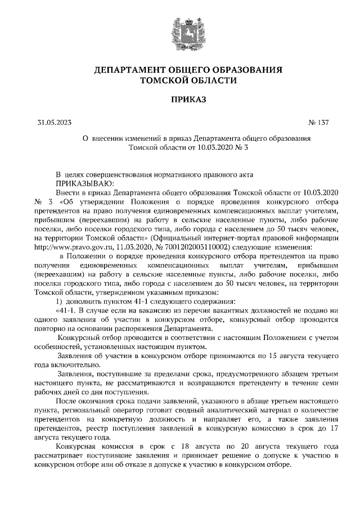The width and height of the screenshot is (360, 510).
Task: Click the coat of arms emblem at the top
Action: coord(180,32)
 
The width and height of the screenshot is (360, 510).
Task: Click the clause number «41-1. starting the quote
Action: coord(68,310)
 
